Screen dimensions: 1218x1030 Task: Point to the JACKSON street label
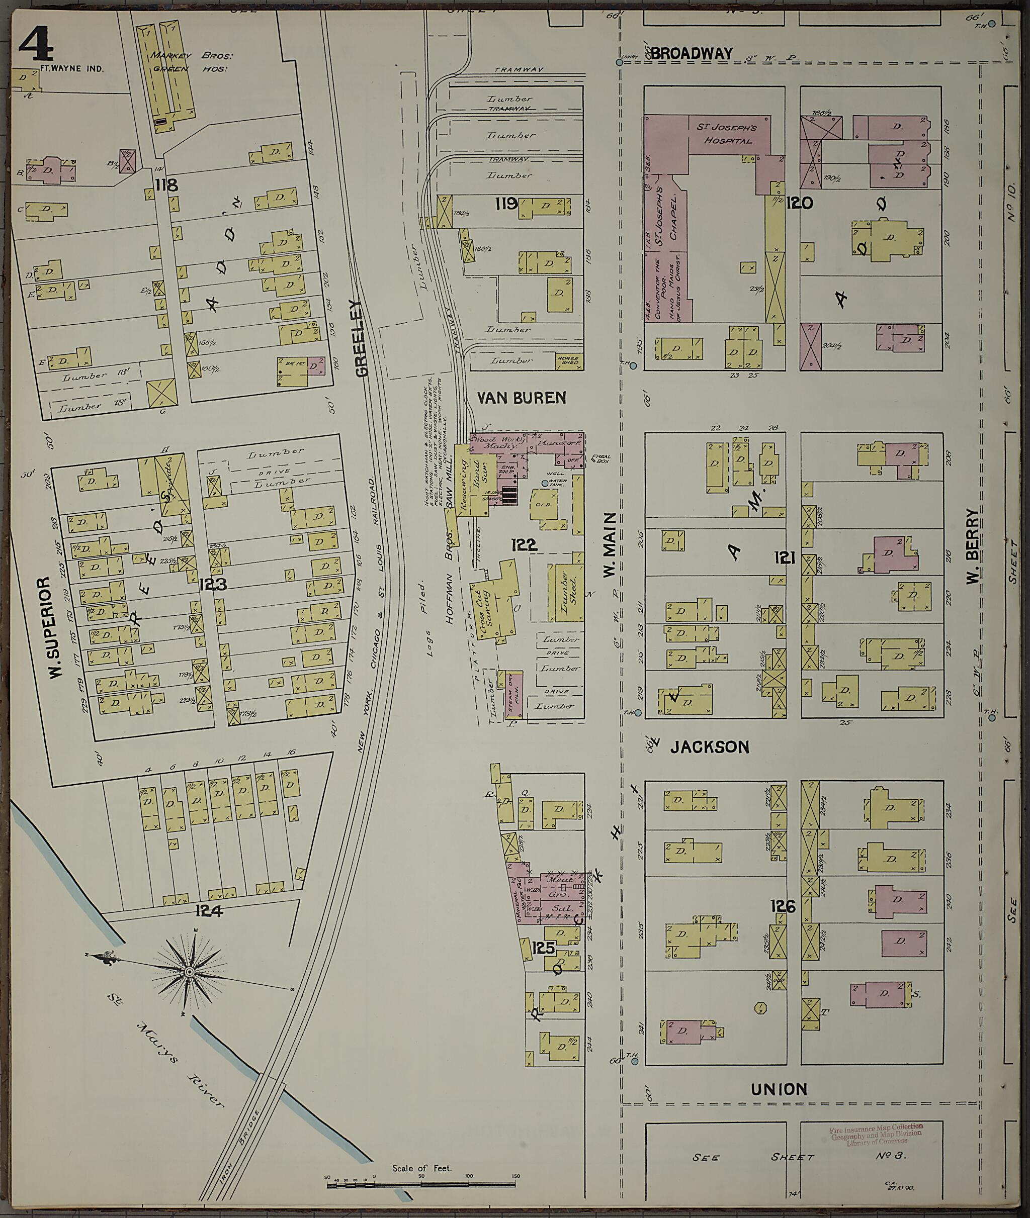710,747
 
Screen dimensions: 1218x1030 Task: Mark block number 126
783,906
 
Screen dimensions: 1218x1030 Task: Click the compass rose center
189,972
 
